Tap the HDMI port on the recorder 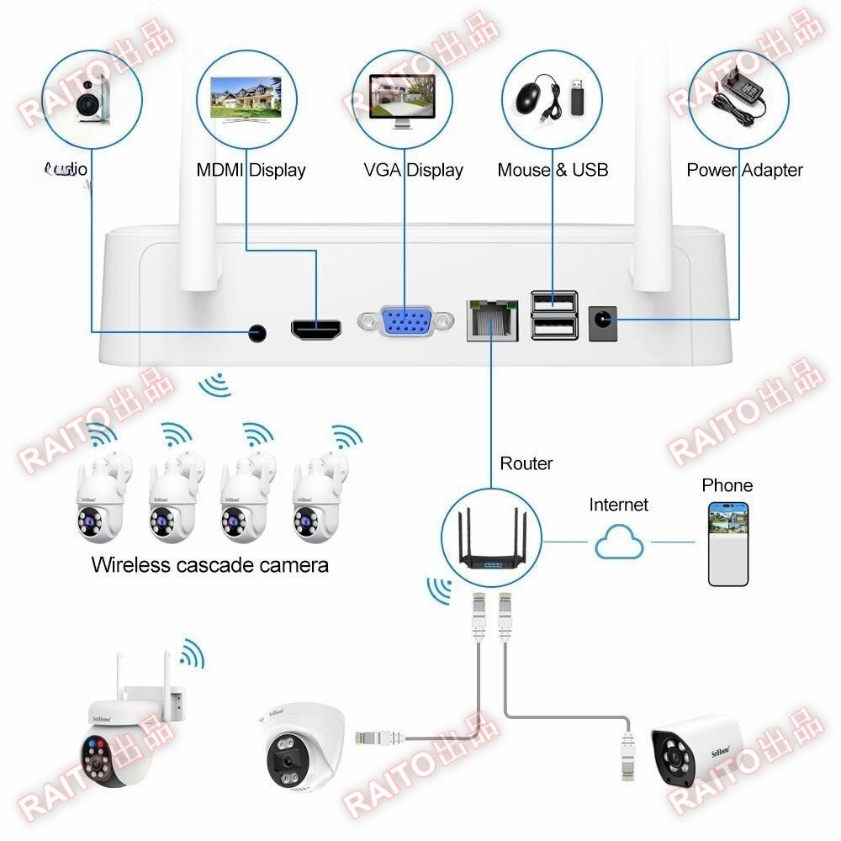pos(316,329)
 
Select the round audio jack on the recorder pos(258,333)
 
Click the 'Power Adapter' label pos(744,170)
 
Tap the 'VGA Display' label pos(413,170)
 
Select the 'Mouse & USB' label pos(553,170)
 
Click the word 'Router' pos(526,463)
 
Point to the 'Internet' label pos(618,505)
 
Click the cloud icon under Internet pos(619,544)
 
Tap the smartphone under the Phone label pos(728,543)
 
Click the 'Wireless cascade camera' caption pos(209,564)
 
